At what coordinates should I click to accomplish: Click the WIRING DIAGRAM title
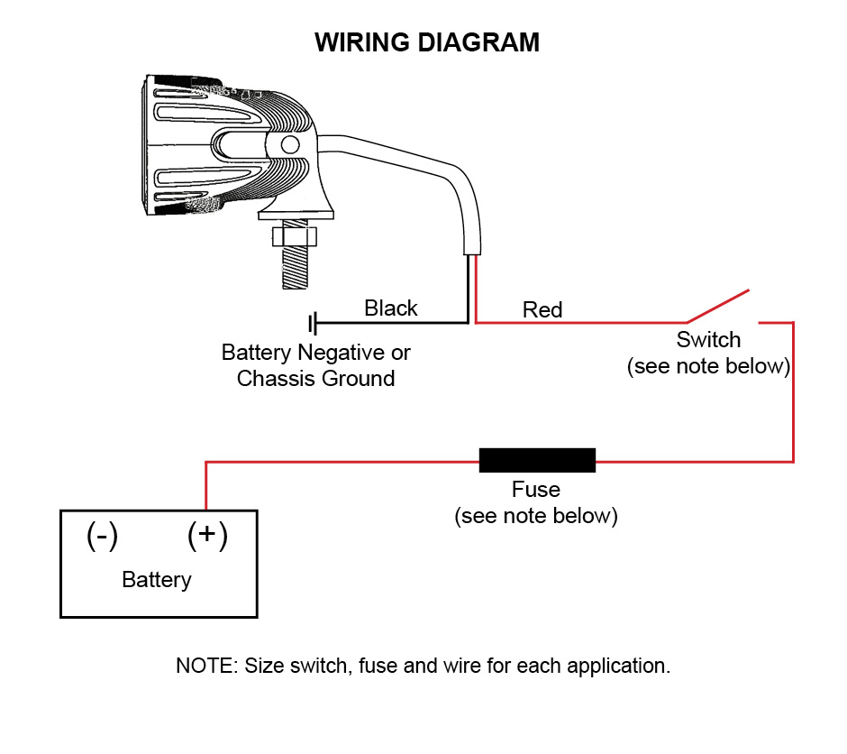(427, 42)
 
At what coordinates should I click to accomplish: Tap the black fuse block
(537, 460)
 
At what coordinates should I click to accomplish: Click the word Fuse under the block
(536, 490)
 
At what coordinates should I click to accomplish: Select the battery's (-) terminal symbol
(102, 536)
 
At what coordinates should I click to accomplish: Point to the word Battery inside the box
(157, 579)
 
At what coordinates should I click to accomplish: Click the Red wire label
(542, 310)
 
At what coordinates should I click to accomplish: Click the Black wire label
(391, 308)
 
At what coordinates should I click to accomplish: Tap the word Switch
(708, 340)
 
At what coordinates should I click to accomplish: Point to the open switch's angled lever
(718, 306)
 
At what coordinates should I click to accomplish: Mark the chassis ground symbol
(314, 322)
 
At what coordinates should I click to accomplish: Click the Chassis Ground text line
(315, 379)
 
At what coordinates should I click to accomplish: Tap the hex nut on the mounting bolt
(296, 237)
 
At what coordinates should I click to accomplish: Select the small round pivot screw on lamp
(290, 144)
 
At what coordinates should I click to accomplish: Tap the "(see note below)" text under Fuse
(536, 517)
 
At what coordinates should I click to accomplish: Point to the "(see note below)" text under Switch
(708, 367)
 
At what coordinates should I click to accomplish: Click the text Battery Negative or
(315, 352)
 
